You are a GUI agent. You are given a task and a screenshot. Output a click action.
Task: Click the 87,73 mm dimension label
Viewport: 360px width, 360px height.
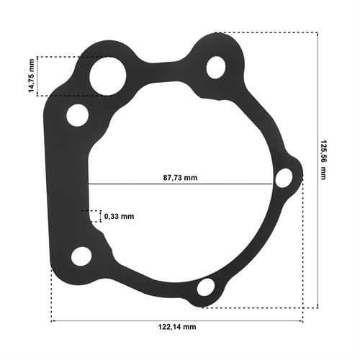(180, 178)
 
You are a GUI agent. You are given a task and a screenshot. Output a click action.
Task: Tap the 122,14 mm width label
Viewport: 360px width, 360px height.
(177, 327)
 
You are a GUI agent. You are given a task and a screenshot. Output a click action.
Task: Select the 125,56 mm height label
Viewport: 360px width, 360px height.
(323, 159)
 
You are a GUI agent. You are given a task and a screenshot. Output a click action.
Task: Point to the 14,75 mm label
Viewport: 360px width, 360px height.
(32, 76)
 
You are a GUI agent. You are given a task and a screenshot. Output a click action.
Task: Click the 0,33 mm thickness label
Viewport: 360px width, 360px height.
(119, 216)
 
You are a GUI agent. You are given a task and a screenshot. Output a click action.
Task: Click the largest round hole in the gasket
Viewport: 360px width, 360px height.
(108, 76)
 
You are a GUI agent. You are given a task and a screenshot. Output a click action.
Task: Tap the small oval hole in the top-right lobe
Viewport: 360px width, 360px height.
(216, 68)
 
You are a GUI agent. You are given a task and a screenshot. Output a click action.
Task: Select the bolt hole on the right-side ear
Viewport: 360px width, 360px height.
(284, 178)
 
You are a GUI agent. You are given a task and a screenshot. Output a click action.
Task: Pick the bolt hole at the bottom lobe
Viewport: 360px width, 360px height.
(206, 287)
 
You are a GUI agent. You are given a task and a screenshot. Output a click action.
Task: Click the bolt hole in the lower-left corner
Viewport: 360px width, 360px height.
(81, 256)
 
